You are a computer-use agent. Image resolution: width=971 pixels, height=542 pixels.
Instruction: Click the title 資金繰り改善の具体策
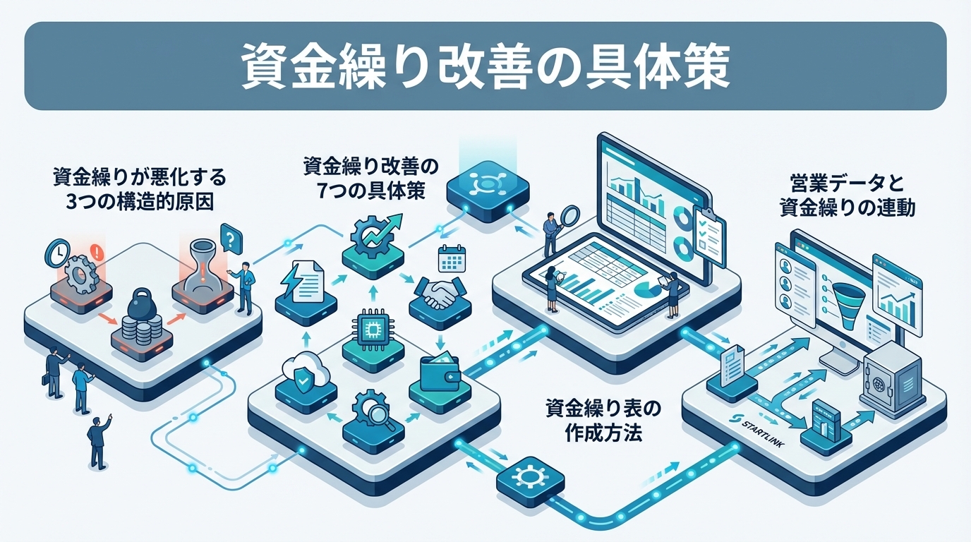point(485,66)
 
